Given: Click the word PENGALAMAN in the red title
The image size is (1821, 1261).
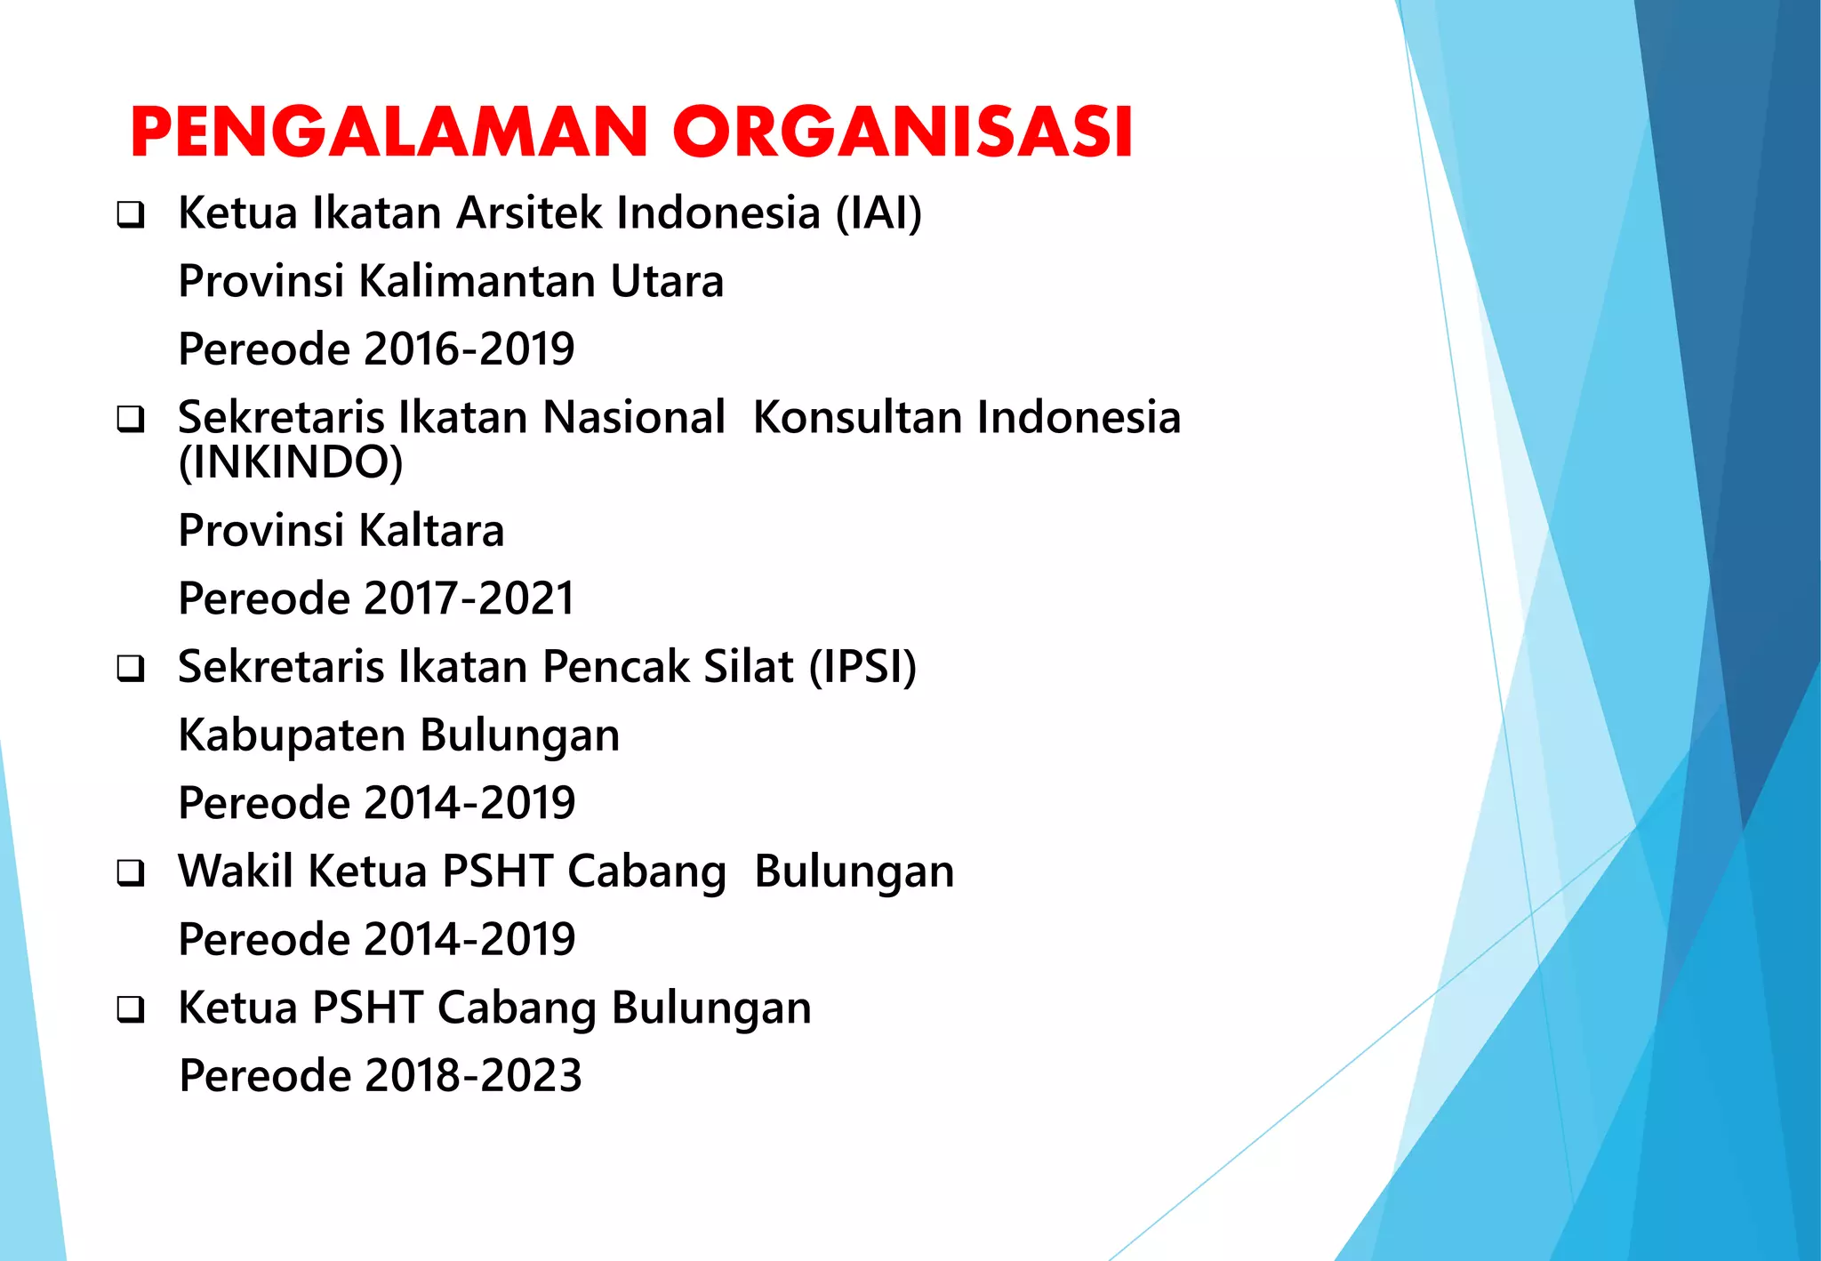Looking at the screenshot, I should [x=389, y=133].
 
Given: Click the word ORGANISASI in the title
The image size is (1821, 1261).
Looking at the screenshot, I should [x=902, y=133].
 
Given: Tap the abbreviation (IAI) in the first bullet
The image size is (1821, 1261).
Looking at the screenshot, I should [x=878, y=213].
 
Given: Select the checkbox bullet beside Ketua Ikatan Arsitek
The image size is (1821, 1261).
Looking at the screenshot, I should [x=131, y=215].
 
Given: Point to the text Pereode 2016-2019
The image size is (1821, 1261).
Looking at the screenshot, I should [x=376, y=349].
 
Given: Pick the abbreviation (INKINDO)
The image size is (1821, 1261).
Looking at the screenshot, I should [x=291, y=462].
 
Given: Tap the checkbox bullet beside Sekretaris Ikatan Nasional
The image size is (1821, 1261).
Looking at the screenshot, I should [x=131, y=420].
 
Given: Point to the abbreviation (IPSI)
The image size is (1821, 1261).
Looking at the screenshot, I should [x=862, y=667].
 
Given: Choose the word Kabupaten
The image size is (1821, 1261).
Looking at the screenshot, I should [x=292, y=736].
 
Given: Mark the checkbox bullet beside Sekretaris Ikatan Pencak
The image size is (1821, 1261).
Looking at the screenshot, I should [x=131, y=670].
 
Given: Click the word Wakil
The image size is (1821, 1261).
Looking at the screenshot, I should [x=236, y=871].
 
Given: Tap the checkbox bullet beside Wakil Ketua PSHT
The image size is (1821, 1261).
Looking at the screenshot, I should [x=131, y=873].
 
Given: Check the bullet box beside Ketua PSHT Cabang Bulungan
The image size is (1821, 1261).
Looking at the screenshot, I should [x=131, y=1010].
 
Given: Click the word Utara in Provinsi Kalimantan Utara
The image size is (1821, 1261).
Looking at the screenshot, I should [x=667, y=281].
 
